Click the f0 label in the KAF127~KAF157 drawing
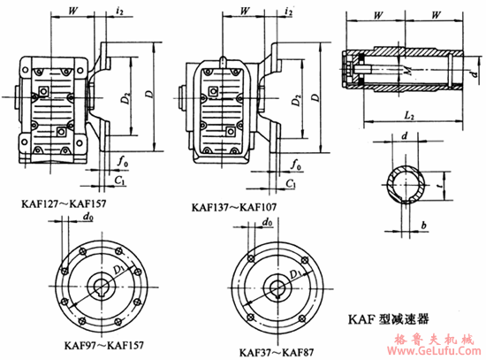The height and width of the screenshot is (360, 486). (x=123, y=162)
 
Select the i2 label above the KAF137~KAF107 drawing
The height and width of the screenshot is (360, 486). (x=290, y=13)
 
